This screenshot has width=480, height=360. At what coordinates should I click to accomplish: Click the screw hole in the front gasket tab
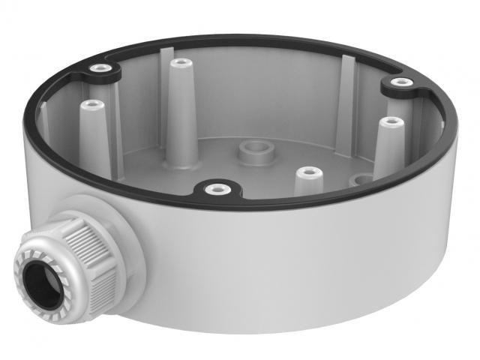click(x=216, y=188)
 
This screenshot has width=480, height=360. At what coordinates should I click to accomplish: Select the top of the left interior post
click(x=91, y=104)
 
